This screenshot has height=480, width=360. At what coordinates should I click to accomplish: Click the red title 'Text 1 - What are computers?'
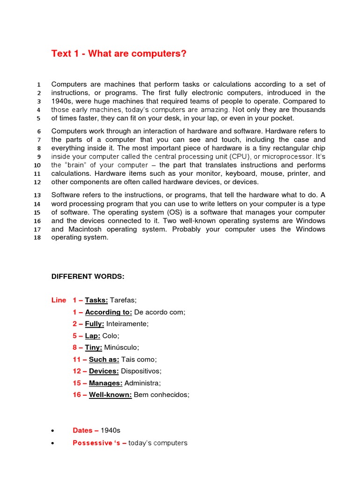point(119,54)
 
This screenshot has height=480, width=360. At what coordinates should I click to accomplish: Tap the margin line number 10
point(38,165)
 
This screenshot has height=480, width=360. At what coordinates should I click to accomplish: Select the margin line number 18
point(38,238)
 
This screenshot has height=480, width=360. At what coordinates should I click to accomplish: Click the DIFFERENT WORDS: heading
point(88,277)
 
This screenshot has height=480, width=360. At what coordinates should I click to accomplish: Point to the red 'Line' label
point(59,300)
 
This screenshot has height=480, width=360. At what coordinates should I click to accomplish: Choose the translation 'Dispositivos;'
point(141,371)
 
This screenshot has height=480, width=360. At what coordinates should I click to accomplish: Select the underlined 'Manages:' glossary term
point(105,383)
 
